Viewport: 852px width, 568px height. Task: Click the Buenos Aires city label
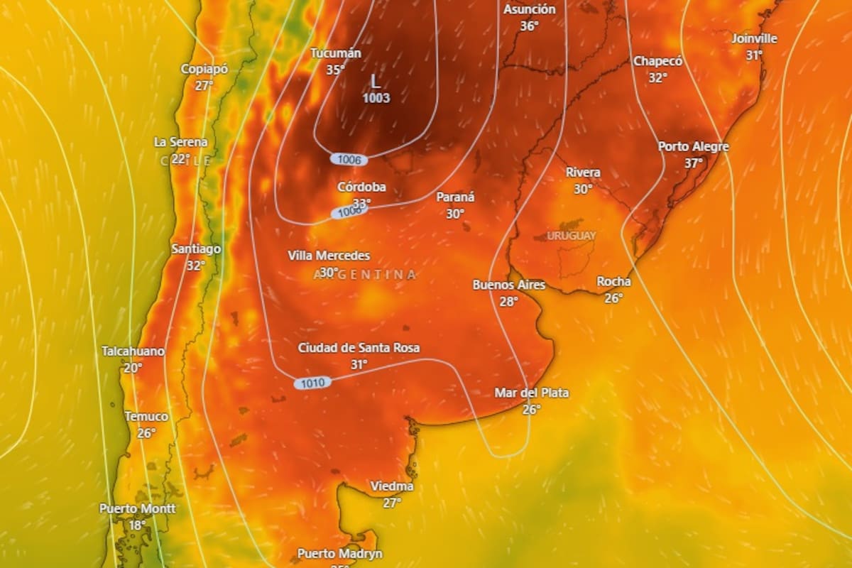point(509,285)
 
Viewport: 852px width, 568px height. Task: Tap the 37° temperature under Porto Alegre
point(693,163)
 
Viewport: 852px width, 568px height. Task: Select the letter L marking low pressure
point(376,82)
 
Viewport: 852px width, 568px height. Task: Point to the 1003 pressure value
point(376,98)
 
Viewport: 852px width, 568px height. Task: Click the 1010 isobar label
point(312,383)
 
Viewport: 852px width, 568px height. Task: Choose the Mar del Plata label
point(531,393)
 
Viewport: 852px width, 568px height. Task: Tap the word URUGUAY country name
point(572,235)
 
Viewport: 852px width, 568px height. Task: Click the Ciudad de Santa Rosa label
point(359,348)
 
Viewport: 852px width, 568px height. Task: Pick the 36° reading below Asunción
point(529,26)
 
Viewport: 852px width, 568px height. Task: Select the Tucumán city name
point(336,53)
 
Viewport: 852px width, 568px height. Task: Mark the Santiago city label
point(196,248)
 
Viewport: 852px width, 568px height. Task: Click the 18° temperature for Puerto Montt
point(137,525)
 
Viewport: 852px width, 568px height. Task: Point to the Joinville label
point(754,38)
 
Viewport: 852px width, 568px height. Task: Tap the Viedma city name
point(392,486)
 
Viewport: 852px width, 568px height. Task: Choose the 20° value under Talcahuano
point(133,368)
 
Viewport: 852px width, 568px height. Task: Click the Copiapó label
point(204,69)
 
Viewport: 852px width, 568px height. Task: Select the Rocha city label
point(613,282)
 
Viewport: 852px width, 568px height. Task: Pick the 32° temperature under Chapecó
point(657,77)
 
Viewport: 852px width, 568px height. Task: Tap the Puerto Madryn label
point(339,553)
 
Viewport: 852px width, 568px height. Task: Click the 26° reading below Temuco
point(146,432)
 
